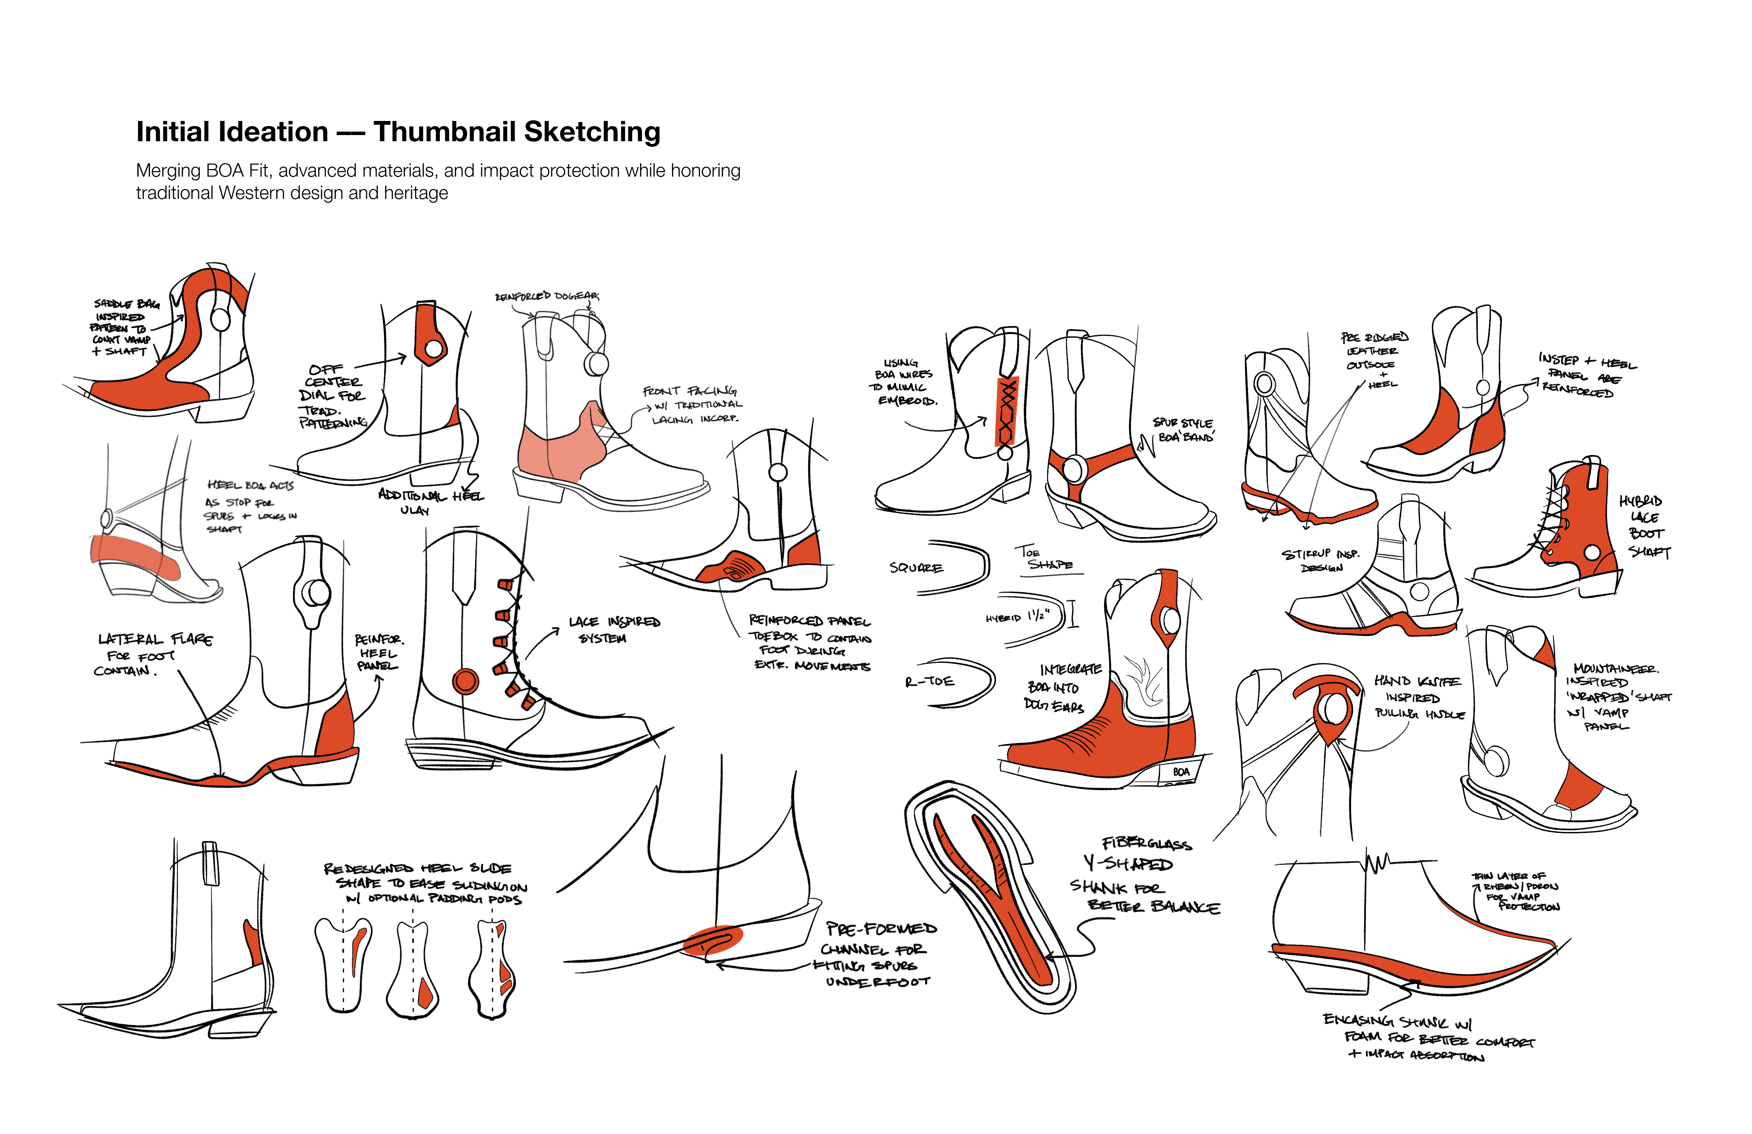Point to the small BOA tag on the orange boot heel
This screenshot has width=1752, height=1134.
(1181, 772)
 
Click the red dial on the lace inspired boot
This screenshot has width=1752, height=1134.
(465, 681)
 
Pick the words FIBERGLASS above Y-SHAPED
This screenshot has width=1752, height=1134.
(1146, 843)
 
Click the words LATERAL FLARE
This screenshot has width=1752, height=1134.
(156, 639)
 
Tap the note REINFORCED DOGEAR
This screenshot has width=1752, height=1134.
(547, 296)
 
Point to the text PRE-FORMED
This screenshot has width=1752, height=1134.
(881, 929)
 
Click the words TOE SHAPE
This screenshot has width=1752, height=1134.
(1045, 558)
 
